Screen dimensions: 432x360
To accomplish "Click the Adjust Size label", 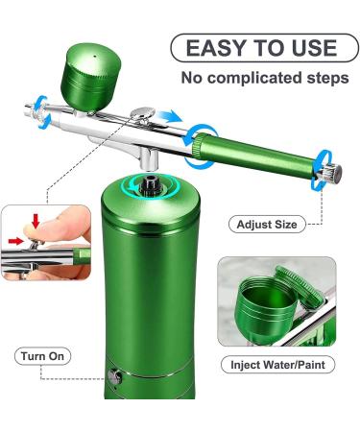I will click(271, 225).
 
